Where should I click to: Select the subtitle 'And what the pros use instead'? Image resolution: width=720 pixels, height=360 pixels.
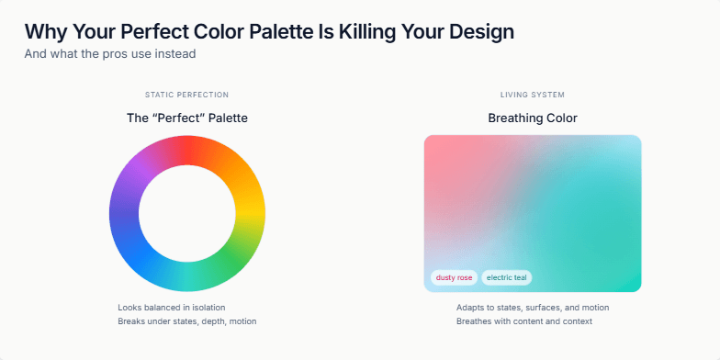[x=110, y=53]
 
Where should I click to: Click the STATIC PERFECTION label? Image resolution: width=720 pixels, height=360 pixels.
[x=187, y=95]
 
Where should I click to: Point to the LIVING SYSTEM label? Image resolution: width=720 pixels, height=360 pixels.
[x=533, y=95]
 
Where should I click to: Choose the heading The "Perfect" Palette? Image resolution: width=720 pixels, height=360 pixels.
[x=187, y=118]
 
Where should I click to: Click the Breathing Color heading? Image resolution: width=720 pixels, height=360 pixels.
[x=533, y=118]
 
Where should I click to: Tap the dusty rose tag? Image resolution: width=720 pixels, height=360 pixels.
[x=455, y=277]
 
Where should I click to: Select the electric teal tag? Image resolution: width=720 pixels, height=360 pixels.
[x=507, y=277]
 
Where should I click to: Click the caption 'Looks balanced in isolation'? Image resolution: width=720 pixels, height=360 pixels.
[x=172, y=307]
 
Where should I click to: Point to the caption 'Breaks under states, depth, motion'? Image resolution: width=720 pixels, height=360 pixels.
[x=187, y=321]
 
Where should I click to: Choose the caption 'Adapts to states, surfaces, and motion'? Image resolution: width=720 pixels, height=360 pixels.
[x=533, y=307]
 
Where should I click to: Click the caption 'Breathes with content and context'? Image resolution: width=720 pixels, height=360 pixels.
[x=524, y=321]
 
